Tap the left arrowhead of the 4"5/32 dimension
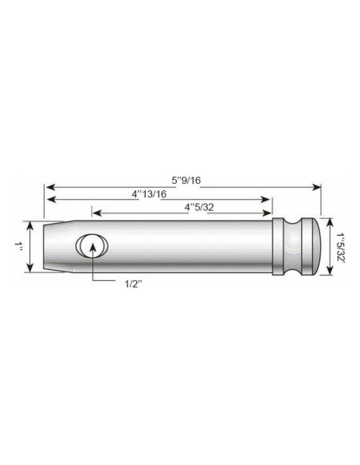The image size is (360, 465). coord(95,212)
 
